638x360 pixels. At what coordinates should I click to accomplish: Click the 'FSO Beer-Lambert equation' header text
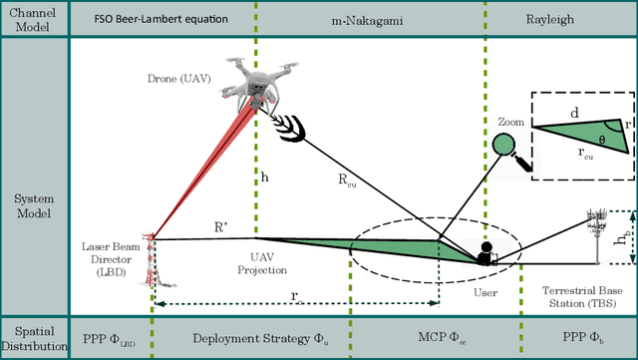(x=161, y=19)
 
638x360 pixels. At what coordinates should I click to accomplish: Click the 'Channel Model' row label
(x=34, y=19)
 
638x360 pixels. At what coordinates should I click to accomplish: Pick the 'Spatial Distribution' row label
(x=34, y=339)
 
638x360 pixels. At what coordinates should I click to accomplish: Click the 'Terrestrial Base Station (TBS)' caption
(x=582, y=296)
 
